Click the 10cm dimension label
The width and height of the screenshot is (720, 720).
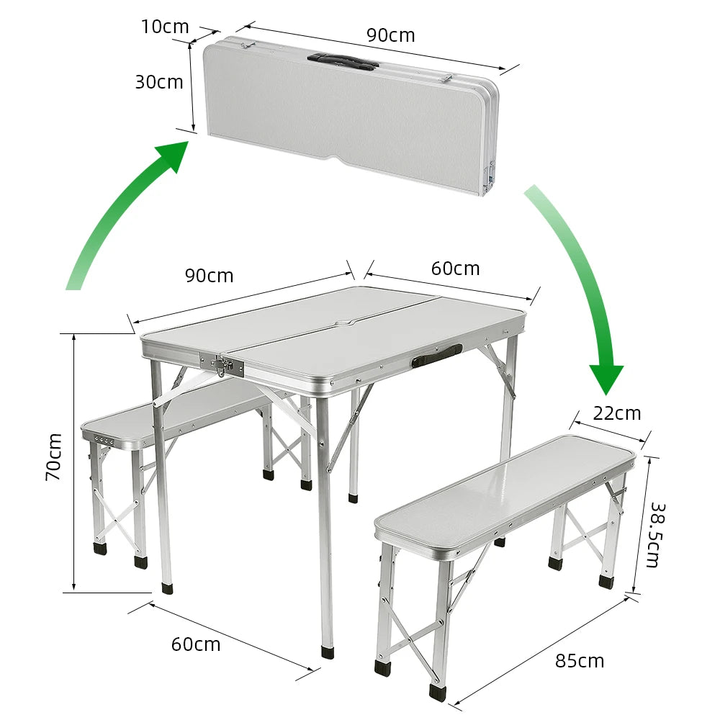[165, 27]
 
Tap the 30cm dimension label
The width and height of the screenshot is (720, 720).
[159, 82]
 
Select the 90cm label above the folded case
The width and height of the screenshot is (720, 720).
[391, 35]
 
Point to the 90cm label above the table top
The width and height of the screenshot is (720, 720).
[209, 276]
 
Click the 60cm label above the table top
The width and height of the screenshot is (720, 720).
[456, 269]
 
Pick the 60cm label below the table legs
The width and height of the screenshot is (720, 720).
[196, 644]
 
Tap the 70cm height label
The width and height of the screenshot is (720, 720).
[54, 457]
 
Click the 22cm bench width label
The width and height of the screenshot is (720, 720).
[617, 414]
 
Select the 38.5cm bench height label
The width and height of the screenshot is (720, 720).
[657, 536]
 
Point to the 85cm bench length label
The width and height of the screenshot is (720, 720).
[580, 661]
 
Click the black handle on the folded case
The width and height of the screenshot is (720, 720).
[343, 61]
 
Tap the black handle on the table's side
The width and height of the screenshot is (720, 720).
[437, 356]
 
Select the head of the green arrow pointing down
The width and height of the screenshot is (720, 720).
[606, 379]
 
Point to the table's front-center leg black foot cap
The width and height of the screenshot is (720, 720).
[328, 653]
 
